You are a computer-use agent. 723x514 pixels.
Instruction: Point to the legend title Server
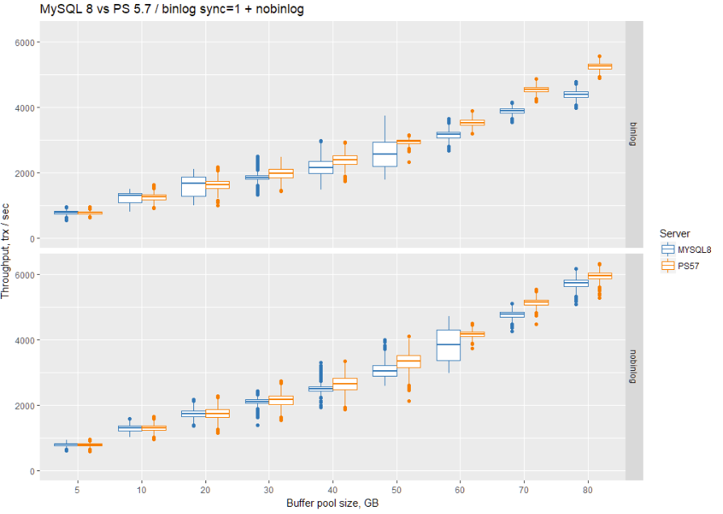[674, 234]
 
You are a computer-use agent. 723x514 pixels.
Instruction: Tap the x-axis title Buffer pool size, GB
[332, 503]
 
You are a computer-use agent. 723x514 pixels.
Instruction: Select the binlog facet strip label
[634, 133]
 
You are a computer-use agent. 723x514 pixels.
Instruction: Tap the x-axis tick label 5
[78, 489]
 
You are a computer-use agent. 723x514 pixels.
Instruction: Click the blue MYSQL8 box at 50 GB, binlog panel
[384, 154]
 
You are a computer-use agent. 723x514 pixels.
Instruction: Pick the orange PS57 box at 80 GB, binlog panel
[600, 66]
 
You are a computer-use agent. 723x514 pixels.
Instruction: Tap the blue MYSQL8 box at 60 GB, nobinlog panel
[448, 345]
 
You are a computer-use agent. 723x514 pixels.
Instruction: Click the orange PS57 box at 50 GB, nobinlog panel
[408, 361]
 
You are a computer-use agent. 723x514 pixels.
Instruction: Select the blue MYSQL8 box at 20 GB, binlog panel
[193, 187]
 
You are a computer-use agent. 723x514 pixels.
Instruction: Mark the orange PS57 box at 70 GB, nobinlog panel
[536, 302]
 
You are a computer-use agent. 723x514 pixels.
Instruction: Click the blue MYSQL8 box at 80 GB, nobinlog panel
[576, 283]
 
